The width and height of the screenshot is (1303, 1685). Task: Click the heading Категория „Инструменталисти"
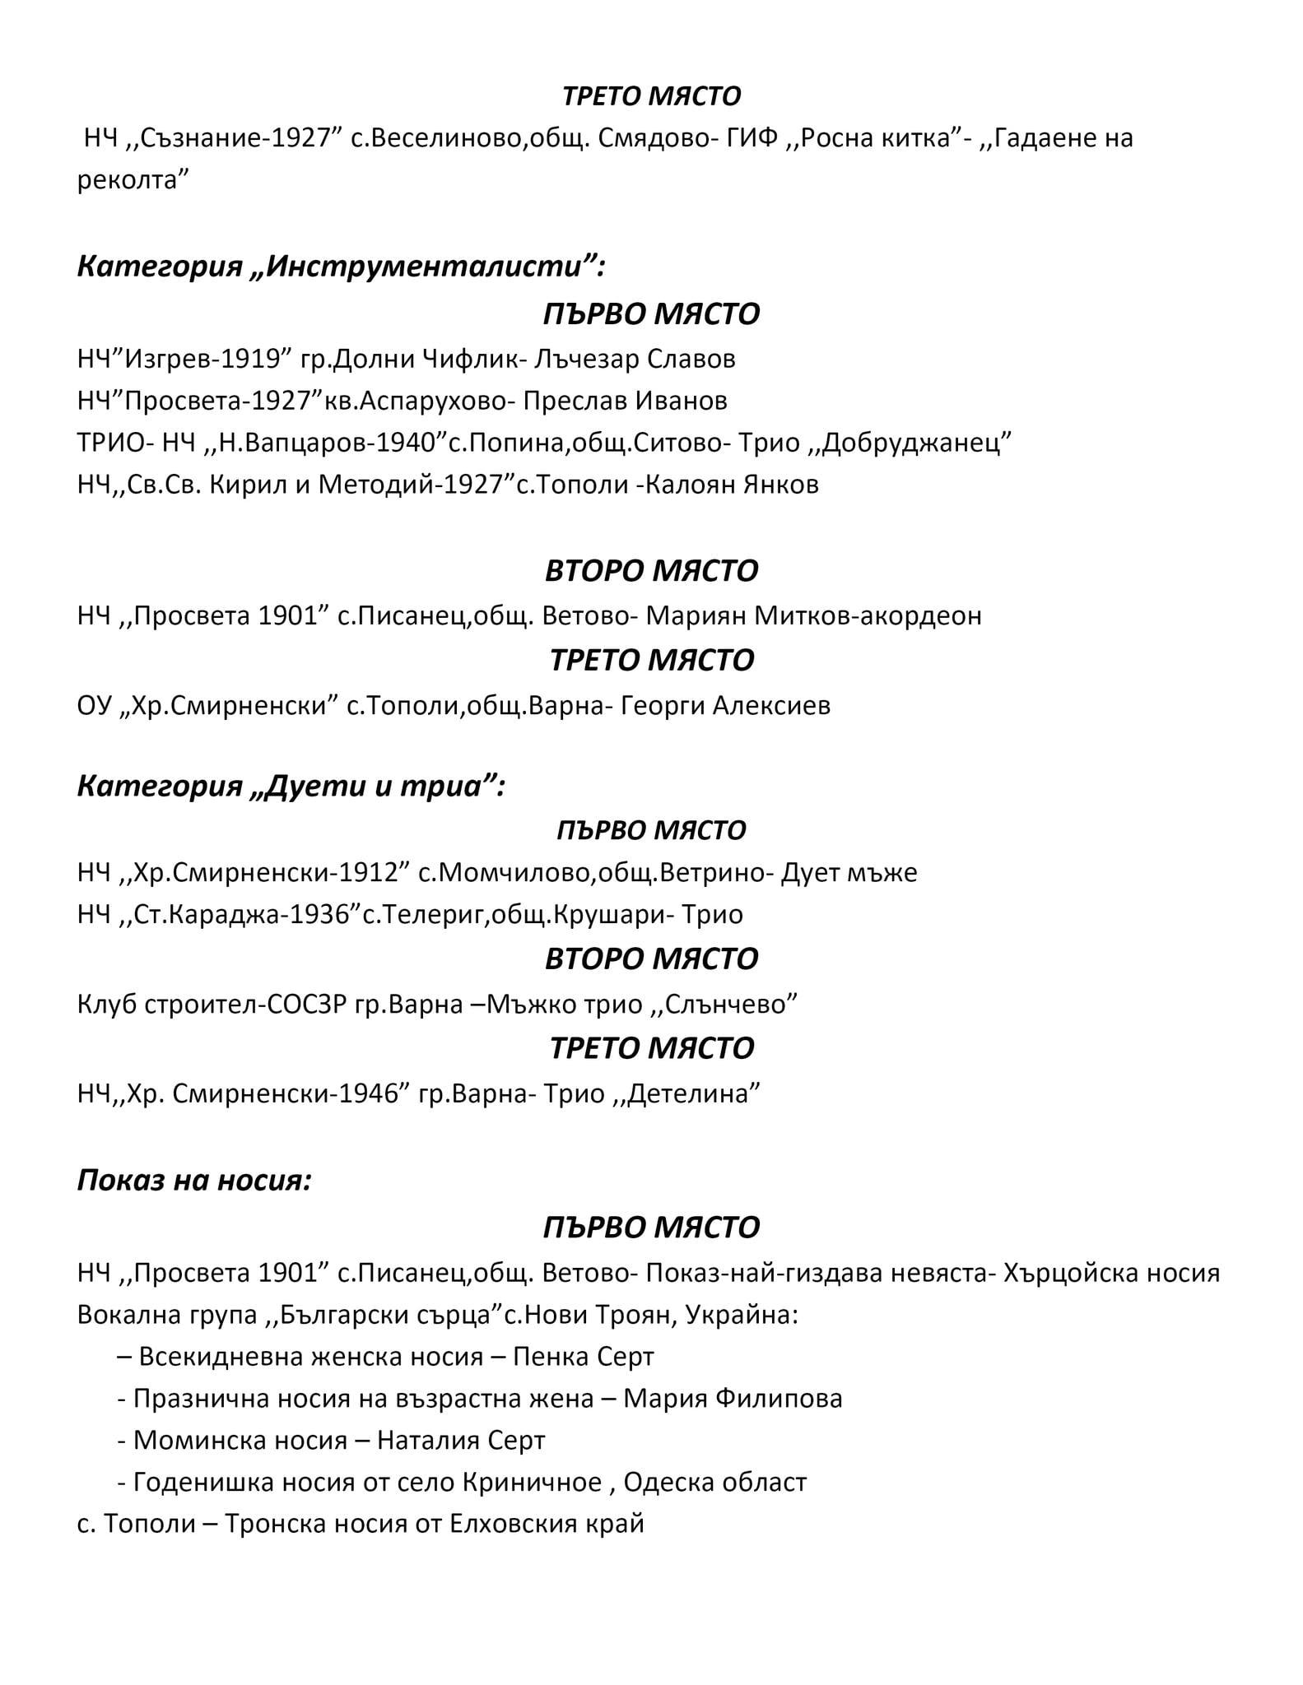pos(341,267)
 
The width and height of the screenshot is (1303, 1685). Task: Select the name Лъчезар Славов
pos(634,360)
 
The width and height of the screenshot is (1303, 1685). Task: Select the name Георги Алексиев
pos(725,706)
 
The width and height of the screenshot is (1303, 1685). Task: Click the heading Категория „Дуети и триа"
pos(291,787)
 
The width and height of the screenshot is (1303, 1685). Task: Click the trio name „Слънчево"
pos(727,1005)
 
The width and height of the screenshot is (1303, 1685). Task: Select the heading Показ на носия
pos(194,1181)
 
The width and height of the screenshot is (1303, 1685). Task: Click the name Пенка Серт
pos(583,1357)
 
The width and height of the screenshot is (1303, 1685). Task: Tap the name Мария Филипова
pos(733,1399)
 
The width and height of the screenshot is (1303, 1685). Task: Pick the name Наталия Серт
pos(461,1441)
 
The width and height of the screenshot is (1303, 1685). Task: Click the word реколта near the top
pos(128,180)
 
